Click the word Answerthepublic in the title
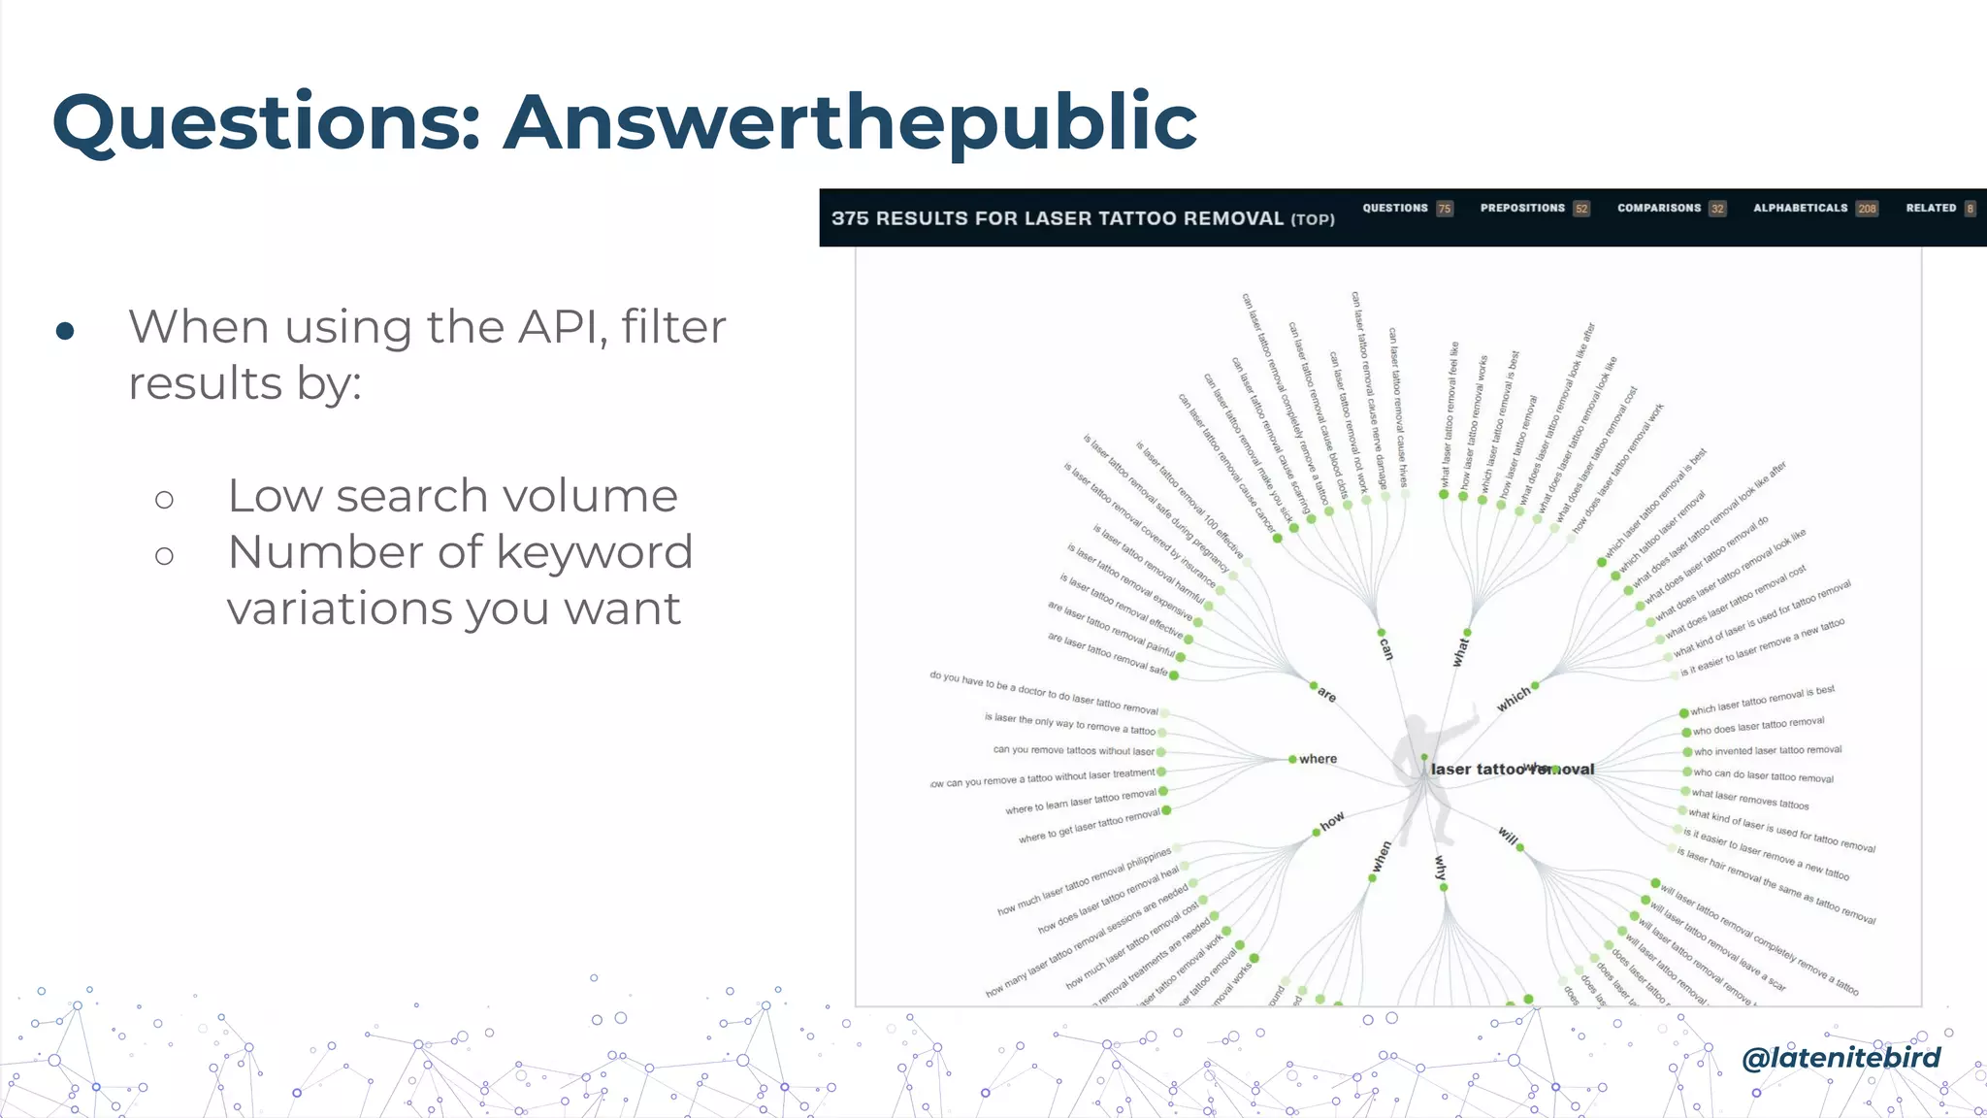[850, 123]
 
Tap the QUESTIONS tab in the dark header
[1395, 209]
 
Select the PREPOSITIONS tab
[1522, 209]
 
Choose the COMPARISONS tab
[1659, 209]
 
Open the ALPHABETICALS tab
[1800, 209]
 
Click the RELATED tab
[1931, 209]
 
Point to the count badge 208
[1867, 210]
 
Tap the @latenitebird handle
[1840, 1057]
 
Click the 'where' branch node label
[1318, 759]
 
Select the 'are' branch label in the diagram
[1326, 695]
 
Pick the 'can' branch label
[1386, 648]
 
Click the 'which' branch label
[1514, 699]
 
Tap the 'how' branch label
[1332, 821]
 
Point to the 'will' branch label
[1508, 836]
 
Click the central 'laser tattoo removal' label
[1512, 770]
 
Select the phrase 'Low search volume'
[452, 496]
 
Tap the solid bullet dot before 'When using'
[65, 331]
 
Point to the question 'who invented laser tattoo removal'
[1767, 750]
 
